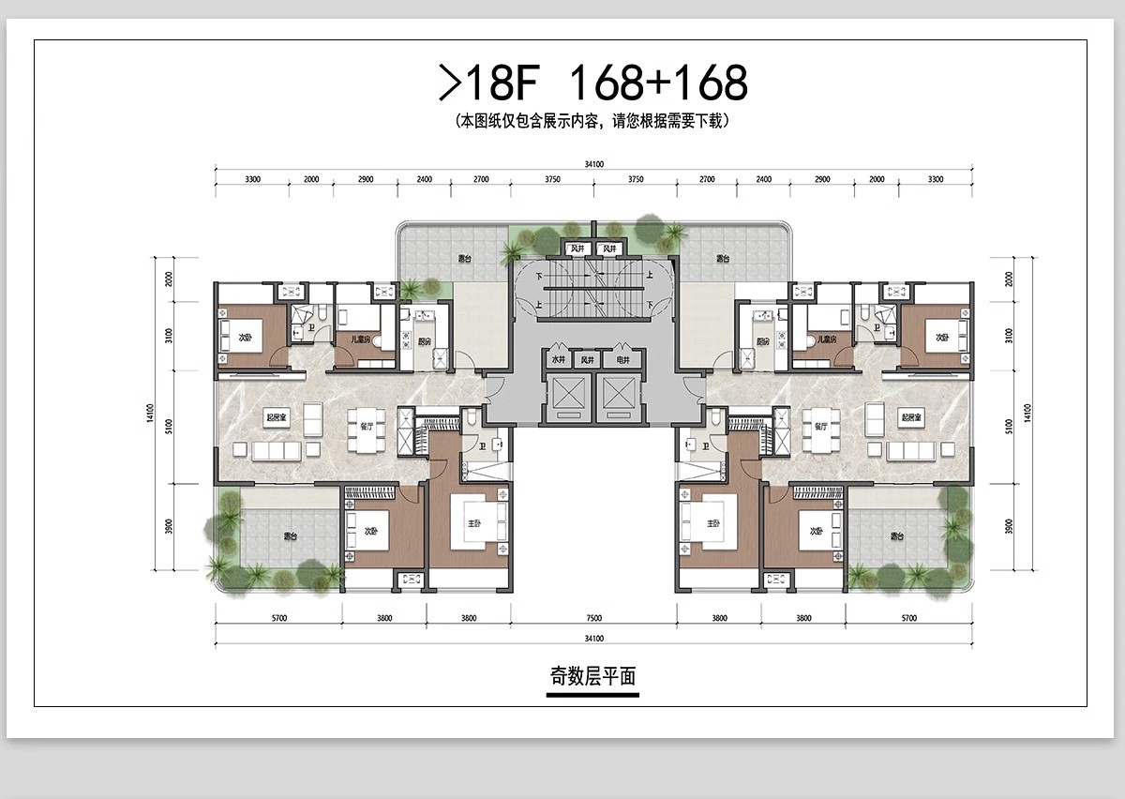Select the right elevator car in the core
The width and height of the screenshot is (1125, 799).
click(x=617, y=396)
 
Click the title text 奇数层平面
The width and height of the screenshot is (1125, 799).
click(x=592, y=675)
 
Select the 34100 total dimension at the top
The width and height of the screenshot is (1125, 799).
click(x=593, y=164)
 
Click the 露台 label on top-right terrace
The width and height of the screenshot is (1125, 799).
click(x=723, y=258)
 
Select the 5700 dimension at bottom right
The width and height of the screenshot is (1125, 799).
click(x=908, y=618)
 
